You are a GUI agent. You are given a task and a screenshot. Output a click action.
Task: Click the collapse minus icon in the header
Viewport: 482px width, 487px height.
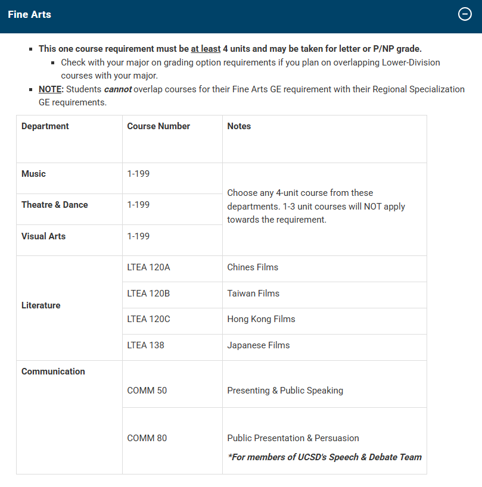coord(465,14)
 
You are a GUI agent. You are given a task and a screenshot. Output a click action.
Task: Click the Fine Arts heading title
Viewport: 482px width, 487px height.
coord(30,14)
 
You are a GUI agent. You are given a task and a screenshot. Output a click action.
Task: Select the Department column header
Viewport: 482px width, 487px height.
coord(45,126)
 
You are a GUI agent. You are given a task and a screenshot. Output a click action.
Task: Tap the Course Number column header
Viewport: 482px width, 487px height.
coord(158,126)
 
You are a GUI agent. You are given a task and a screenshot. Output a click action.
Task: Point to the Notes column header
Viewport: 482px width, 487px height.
coord(239,126)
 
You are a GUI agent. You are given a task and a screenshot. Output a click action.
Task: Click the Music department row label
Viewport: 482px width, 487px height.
coord(33,174)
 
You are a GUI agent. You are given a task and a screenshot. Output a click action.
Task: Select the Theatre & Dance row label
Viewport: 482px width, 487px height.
coord(55,205)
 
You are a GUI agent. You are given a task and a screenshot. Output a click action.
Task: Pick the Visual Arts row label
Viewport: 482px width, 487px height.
coord(43,236)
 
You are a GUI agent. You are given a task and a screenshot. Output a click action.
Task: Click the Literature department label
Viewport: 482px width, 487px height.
coord(41,305)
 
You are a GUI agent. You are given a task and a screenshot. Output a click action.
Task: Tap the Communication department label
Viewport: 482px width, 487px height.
coord(53,372)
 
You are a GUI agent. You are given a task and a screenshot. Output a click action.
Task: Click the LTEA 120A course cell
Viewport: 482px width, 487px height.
coord(148,267)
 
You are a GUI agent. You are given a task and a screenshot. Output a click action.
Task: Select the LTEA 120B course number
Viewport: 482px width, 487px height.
coord(148,294)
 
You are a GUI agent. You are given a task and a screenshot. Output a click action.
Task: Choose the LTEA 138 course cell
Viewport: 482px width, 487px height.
coord(145,345)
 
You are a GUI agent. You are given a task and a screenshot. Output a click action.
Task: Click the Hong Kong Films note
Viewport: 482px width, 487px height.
coord(261,319)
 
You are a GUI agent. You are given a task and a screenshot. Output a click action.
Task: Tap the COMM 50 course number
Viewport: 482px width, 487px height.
coord(147,391)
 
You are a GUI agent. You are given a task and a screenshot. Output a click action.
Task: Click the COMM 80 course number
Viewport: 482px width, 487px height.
coord(147,438)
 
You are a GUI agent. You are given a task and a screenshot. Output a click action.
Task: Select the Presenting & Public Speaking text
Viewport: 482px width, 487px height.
coord(285,391)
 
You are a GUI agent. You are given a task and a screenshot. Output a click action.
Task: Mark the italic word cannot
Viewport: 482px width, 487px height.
coord(117,89)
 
